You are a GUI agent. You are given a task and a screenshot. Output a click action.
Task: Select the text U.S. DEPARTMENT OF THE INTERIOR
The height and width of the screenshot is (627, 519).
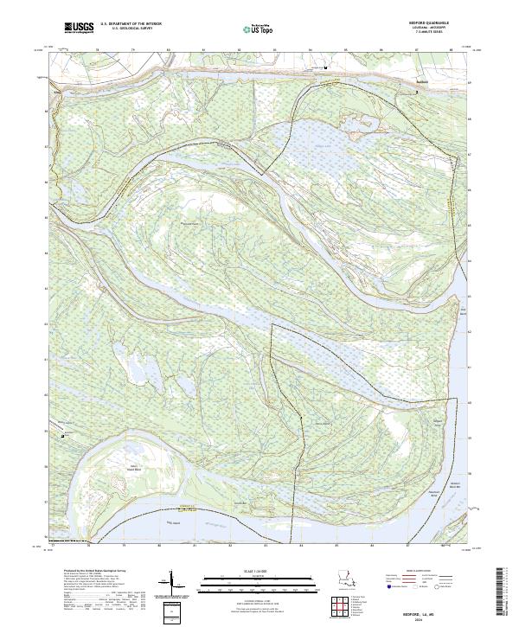(131, 24)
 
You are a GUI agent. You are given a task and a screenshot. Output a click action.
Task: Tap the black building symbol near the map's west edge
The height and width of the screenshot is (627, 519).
(63, 436)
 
